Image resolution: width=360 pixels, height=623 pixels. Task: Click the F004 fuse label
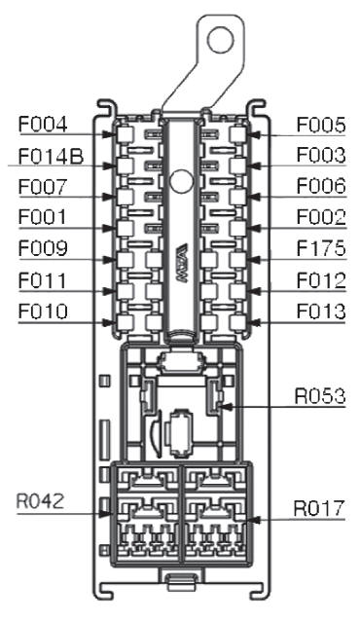pos(43,125)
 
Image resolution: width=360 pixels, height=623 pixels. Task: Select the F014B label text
pos(51,156)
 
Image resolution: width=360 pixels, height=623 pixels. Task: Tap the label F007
pos(43,187)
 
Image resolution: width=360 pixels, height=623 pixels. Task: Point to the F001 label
pos(42,218)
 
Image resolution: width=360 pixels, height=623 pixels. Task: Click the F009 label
pos(43,249)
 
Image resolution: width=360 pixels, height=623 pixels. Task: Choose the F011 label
pos(42,280)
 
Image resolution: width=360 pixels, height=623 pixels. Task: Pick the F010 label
pos(43,311)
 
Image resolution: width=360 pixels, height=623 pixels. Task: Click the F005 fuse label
pos(321,126)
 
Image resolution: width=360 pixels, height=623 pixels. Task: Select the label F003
pos(321,156)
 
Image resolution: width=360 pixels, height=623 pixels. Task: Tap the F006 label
pos(321,186)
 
